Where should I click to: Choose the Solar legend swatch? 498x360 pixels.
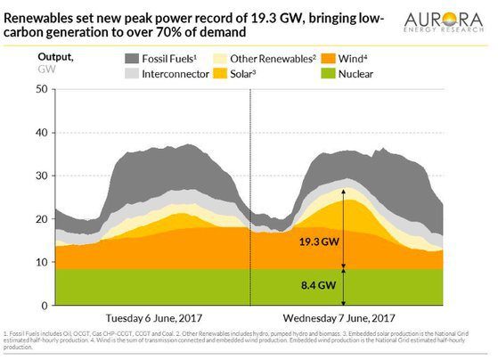click(x=228, y=75)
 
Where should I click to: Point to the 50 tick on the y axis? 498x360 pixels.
click(x=41, y=89)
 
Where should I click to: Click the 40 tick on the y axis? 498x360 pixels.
click(x=41, y=133)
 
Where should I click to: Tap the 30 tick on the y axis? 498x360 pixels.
click(x=41, y=176)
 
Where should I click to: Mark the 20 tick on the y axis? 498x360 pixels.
click(x=41, y=219)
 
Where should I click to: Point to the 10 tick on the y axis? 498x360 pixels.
click(x=41, y=262)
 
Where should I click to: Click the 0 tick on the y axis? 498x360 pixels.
click(x=45, y=305)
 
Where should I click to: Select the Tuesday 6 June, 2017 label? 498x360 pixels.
click(x=149, y=317)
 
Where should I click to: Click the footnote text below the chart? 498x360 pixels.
click(x=241, y=342)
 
